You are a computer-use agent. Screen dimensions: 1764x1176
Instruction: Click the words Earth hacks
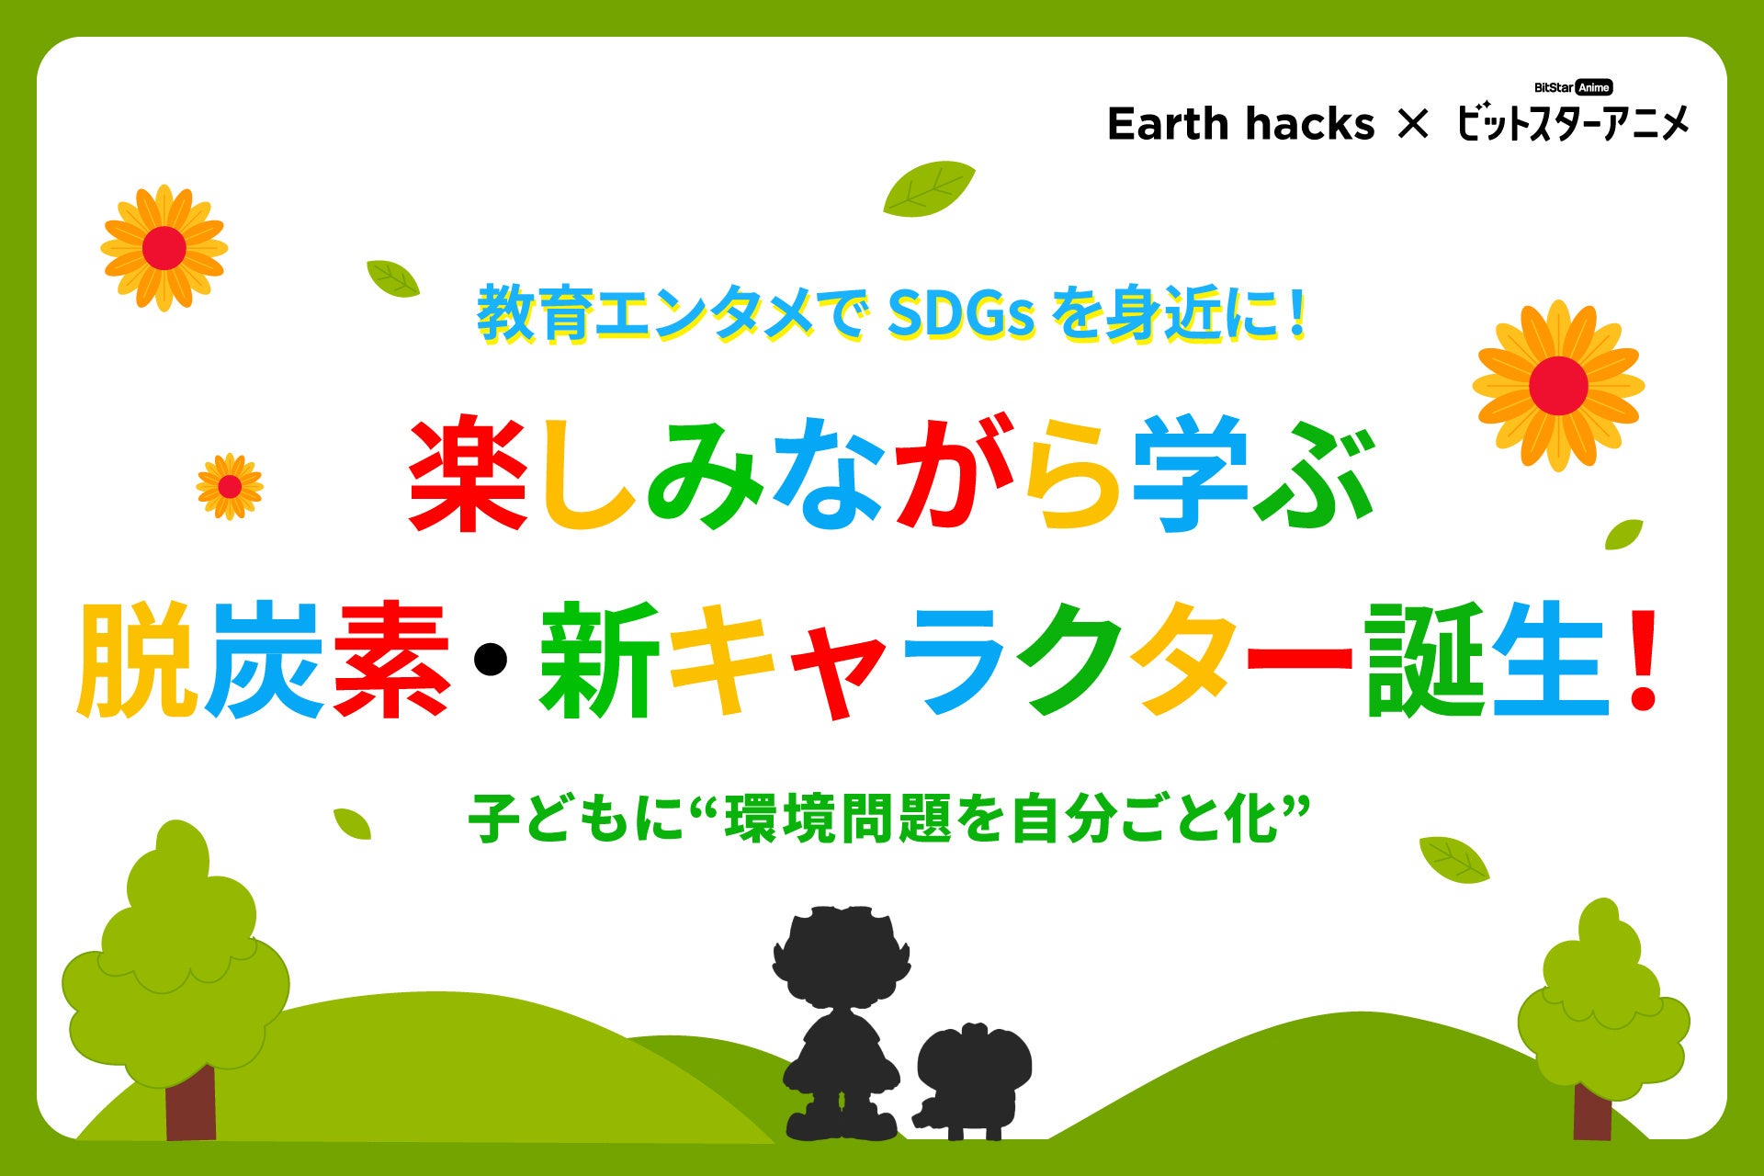(1240, 124)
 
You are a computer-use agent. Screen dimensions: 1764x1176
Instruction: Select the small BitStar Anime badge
(1573, 87)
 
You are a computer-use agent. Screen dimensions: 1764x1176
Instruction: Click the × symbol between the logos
(1413, 124)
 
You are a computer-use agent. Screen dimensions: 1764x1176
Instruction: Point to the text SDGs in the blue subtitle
(961, 315)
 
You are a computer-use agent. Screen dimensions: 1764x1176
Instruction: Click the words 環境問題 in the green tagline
(837, 820)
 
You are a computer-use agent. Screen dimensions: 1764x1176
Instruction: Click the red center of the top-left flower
(164, 248)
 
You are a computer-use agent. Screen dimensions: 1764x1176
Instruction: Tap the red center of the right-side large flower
(1558, 386)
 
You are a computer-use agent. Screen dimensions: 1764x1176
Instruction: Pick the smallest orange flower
(230, 486)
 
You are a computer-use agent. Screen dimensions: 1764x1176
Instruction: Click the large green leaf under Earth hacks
(929, 189)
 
